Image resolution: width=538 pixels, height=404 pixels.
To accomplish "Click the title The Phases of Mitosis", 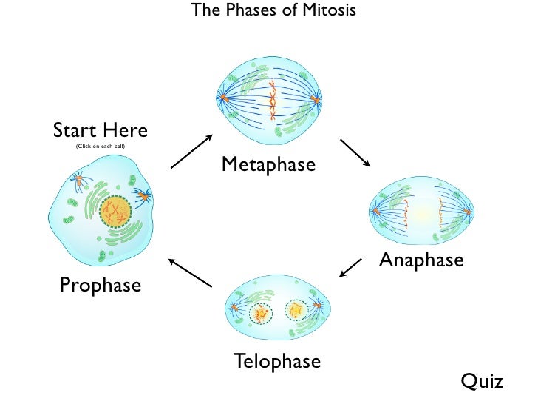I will (273, 10).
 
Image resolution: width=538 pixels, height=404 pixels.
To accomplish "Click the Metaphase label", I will (268, 164).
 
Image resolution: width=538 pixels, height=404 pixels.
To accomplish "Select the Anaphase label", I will (421, 260).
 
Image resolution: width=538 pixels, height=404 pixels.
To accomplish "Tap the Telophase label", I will (277, 361).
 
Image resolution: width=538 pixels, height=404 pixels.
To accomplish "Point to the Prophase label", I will (101, 284).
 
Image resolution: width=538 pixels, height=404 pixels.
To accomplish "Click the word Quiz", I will (482, 381).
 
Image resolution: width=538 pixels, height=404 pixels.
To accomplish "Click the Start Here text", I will (101, 131).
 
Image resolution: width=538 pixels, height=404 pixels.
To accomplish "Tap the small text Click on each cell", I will (101, 147).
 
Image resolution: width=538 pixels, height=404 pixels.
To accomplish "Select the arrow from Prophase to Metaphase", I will (191, 152).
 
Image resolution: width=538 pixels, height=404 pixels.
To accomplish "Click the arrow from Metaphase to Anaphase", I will (355, 152).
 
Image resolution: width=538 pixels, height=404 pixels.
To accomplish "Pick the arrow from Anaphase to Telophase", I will (350, 267).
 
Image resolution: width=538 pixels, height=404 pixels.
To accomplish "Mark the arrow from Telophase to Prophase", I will (191, 272).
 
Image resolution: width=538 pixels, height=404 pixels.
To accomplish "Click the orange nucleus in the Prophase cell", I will (115, 213).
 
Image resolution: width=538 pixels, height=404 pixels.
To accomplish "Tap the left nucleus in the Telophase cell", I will (260, 313).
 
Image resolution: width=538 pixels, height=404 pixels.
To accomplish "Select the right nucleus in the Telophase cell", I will (297, 310).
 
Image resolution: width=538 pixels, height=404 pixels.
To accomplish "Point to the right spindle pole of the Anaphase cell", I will (467, 213).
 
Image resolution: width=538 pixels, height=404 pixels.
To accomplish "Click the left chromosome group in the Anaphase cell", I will (405, 214).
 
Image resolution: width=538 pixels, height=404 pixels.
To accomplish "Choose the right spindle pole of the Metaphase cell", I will (318, 98).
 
